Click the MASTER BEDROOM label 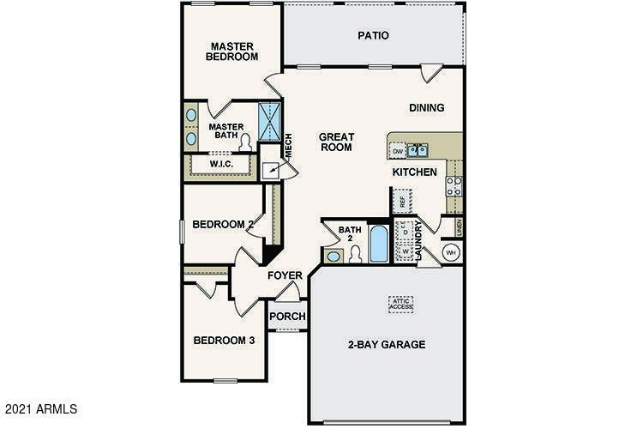(x=231, y=51)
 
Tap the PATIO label (x=374, y=36)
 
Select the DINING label (x=426, y=108)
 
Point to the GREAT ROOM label (x=336, y=142)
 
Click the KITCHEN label (x=415, y=172)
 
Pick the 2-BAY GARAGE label (x=386, y=344)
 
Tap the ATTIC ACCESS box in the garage (x=400, y=303)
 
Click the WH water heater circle (x=451, y=252)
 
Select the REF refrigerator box (x=400, y=203)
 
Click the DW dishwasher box (x=398, y=152)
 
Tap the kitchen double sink (x=418, y=152)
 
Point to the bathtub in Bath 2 (x=378, y=244)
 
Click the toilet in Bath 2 (x=354, y=254)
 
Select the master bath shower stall (x=270, y=122)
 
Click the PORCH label (x=287, y=316)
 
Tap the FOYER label (x=285, y=275)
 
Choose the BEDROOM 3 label (x=223, y=340)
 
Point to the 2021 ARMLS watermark (x=40, y=408)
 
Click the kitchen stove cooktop (x=454, y=186)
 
